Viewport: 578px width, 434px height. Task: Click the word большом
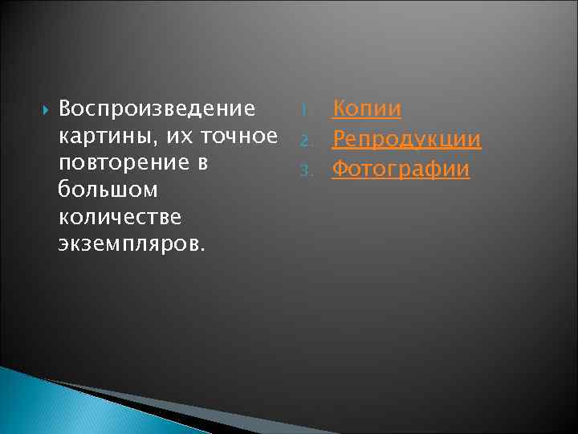(108, 190)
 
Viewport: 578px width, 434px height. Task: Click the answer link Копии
(367, 108)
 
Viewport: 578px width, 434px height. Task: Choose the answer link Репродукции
(407, 140)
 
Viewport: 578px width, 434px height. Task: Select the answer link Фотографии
(401, 170)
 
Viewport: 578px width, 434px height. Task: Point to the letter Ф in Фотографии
(340, 170)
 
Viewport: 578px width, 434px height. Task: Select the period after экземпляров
(203, 249)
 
